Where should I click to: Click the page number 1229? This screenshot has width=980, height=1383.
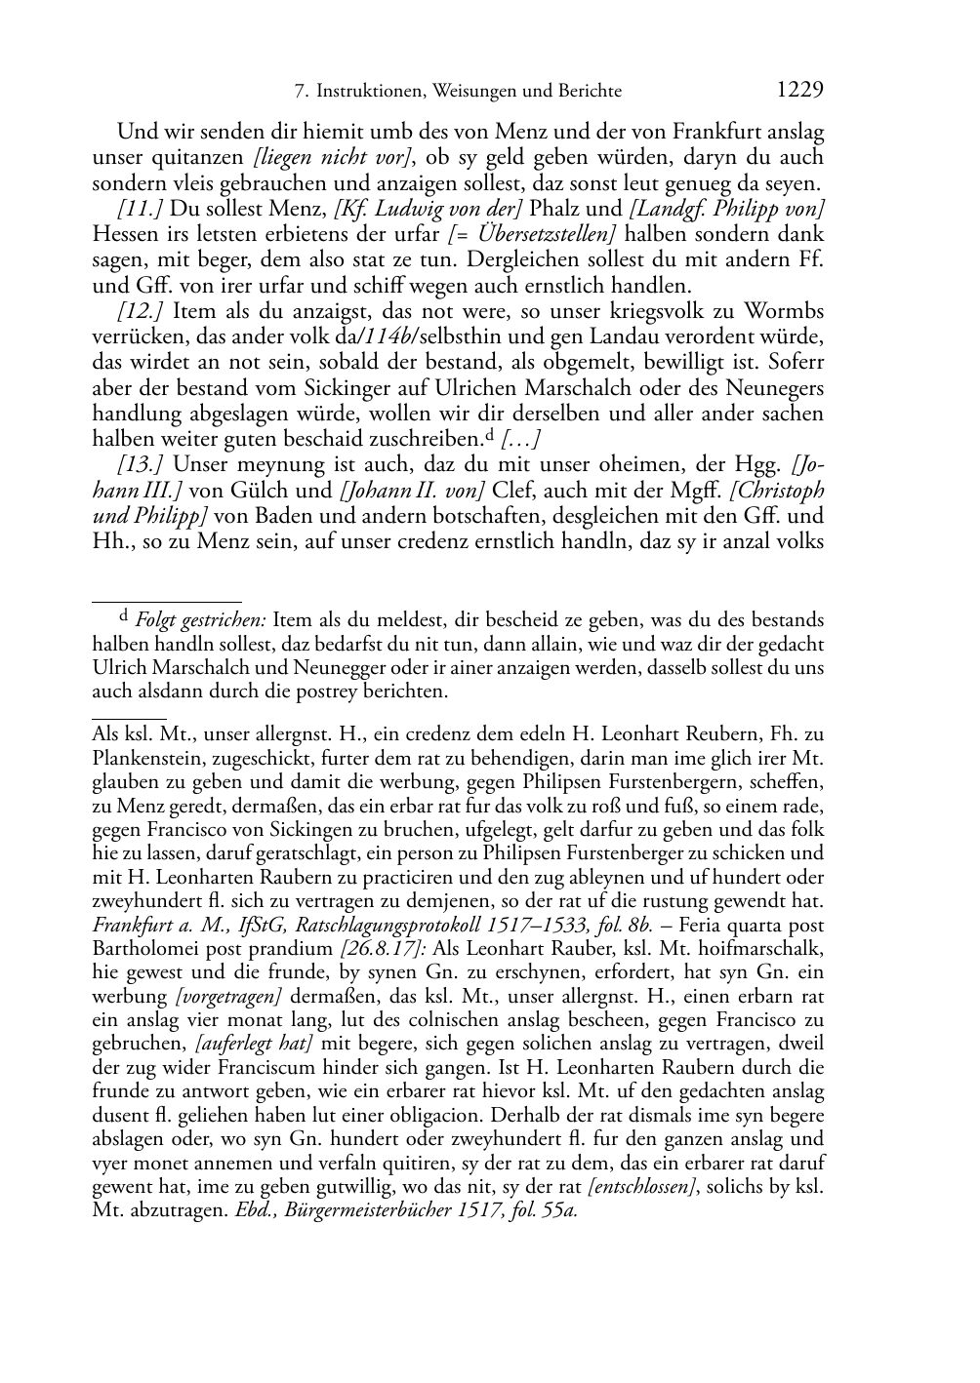tap(800, 90)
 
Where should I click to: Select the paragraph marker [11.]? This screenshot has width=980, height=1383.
tap(140, 208)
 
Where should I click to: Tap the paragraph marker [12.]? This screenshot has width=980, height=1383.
tap(140, 311)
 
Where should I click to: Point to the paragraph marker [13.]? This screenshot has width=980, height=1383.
tap(140, 465)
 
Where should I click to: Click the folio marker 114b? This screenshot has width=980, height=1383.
tap(389, 336)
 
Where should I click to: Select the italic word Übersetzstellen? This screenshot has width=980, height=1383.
tap(548, 234)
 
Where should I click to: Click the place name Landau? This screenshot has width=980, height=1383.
tap(639, 336)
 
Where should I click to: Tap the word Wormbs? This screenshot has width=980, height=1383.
tap(785, 311)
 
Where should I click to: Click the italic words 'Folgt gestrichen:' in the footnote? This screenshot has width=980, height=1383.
tap(201, 619)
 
